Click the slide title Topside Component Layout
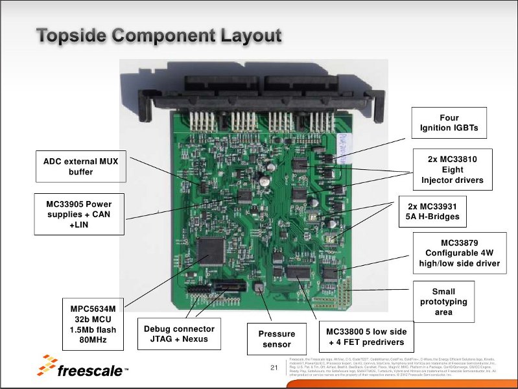point(159,36)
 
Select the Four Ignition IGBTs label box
point(449,123)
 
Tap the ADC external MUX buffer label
point(80,166)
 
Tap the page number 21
point(274,369)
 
